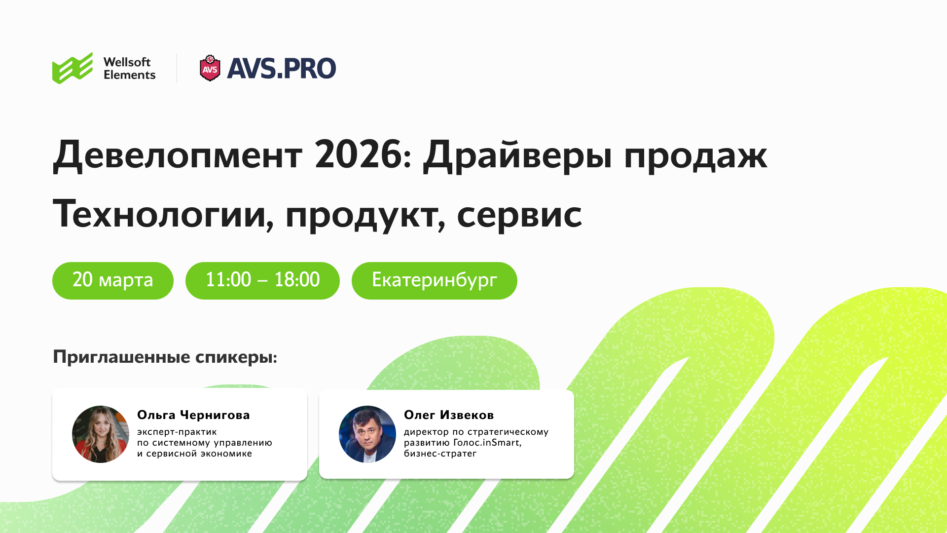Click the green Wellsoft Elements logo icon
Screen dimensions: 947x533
pos(73,68)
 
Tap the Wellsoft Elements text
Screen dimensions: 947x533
pos(129,69)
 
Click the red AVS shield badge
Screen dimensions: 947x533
pos(210,68)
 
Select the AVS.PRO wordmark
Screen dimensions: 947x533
pos(281,69)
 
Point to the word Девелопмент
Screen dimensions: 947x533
pos(178,155)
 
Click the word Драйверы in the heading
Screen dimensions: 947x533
pos(517,155)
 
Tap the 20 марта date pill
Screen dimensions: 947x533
pos(113,280)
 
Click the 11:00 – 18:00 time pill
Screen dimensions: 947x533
pos(262,280)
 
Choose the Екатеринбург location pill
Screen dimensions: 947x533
pos(435,280)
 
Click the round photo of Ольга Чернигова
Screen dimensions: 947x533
pos(101,434)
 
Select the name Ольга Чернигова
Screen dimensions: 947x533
pos(193,415)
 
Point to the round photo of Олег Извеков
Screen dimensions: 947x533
pos(367,434)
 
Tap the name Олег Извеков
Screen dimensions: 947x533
pos(449,415)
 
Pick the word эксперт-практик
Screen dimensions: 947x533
pos(177,432)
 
